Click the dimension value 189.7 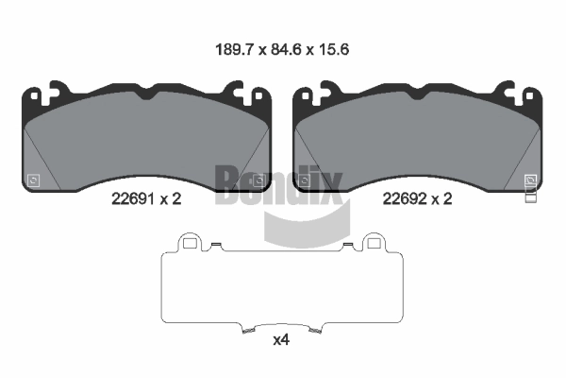coord(235,49)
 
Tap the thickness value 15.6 coord(334,49)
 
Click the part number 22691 coord(133,198)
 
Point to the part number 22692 coord(405,198)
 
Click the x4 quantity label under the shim coord(281,340)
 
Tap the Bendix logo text coord(278,184)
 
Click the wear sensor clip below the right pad coord(530,195)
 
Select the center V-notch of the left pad coord(146,95)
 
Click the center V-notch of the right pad coord(417,95)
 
